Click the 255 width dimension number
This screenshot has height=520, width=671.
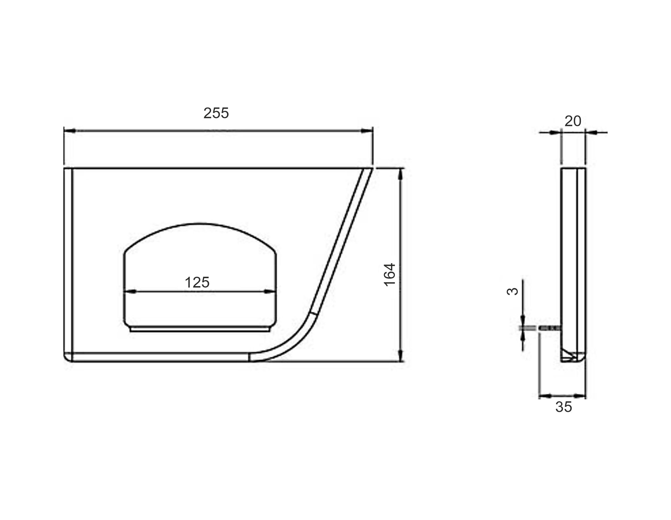click(x=216, y=113)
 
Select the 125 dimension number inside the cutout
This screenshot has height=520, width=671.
click(x=197, y=282)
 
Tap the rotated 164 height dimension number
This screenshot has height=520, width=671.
click(x=390, y=274)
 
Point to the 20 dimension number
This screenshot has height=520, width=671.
click(x=573, y=121)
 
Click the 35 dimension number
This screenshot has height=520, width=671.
click(x=564, y=407)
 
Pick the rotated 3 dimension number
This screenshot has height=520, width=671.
click(x=512, y=291)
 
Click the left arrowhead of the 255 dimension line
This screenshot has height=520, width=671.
click(x=70, y=131)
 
